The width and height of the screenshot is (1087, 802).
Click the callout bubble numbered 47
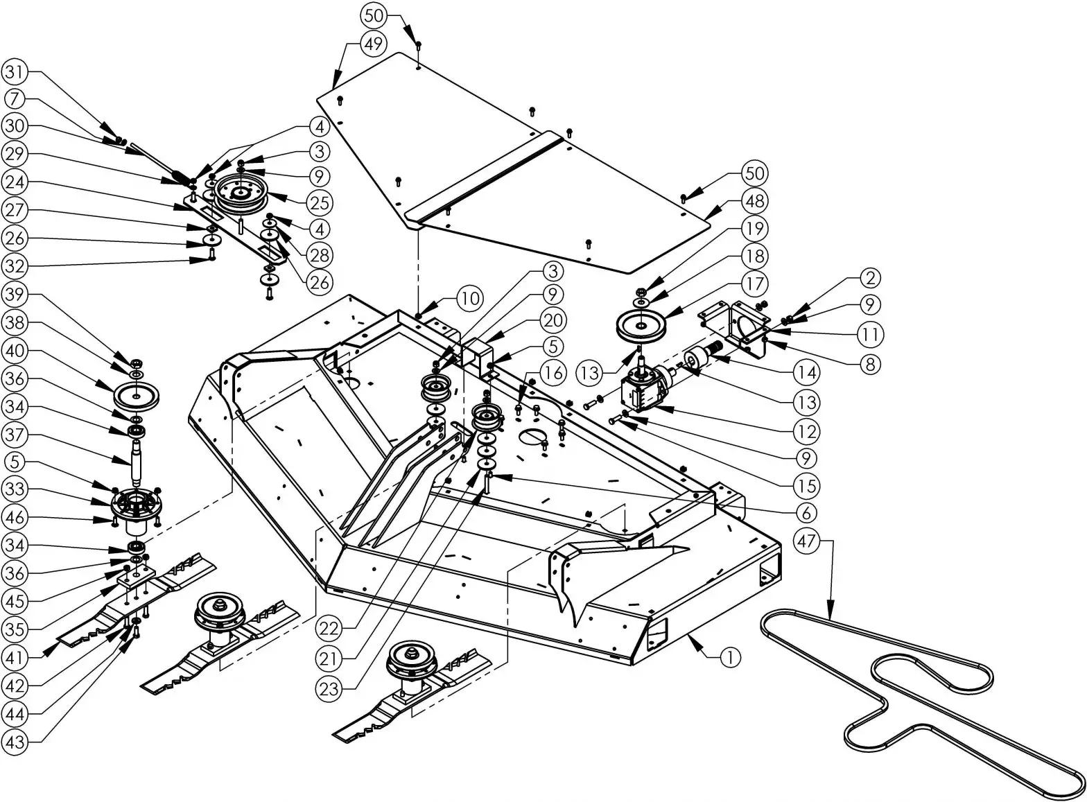808,540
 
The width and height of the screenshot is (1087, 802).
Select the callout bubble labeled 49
374,44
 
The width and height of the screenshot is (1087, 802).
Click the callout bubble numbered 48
754,201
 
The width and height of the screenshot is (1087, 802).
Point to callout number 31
15,71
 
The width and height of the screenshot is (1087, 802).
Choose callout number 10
470,299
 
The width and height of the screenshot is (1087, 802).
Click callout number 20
553,320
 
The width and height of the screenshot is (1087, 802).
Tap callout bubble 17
754,284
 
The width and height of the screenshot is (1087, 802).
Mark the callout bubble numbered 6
807,512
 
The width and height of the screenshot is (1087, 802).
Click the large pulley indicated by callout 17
641,326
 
